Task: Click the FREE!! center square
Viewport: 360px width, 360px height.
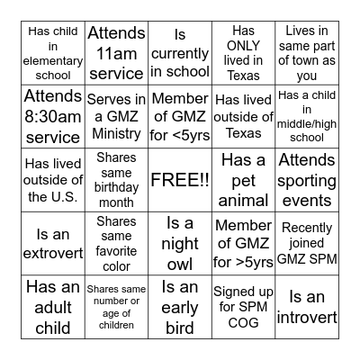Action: click(x=180, y=179)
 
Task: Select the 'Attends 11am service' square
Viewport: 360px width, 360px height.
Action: click(x=116, y=52)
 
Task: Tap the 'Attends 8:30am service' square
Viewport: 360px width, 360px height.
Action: click(x=52, y=116)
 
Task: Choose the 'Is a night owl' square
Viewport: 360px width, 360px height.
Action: click(x=180, y=243)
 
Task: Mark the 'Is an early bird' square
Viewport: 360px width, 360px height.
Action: click(x=180, y=307)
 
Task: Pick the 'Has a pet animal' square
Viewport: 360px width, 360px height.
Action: click(x=244, y=179)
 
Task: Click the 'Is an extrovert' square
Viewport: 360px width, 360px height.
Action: click(x=52, y=243)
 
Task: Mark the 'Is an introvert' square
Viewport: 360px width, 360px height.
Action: click(x=308, y=307)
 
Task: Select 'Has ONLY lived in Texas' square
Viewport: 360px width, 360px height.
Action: click(x=244, y=52)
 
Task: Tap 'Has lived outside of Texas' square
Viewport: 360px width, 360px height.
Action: click(x=244, y=116)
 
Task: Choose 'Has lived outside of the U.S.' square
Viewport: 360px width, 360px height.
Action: click(x=52, y=179)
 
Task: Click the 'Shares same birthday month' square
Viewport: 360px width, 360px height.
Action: click(x=116, y=179)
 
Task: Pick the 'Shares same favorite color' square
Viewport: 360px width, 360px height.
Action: click(x=116, y=243)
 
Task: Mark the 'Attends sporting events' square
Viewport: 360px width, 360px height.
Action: click(x=308, y=179)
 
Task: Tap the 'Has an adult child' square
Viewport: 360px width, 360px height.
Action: click(x=52, y=307)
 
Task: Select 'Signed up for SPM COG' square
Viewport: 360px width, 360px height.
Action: click(x=244, y=307)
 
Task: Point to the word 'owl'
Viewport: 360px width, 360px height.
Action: click(x=180, y=263)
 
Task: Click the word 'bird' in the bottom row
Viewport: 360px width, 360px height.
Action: click(x=180, y=327)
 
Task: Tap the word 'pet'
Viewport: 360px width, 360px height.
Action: click(x=244, y=180)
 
